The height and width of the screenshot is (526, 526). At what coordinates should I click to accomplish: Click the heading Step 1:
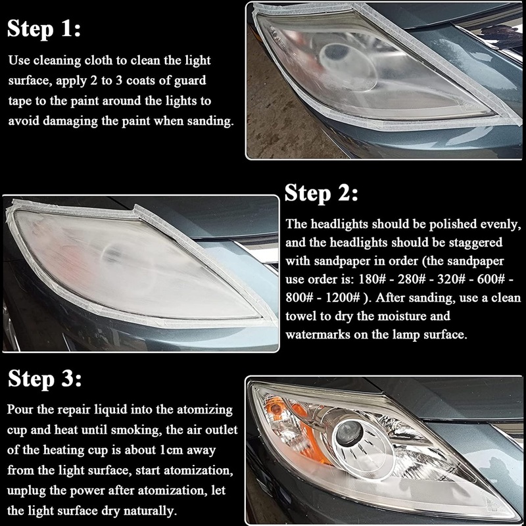[x=44, y=28]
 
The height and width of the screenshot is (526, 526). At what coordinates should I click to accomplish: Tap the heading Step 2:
[x=322, y=193]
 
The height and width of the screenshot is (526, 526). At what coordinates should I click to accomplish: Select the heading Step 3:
[x=45, y=379]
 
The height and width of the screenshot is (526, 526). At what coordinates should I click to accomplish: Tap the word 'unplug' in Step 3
[x=26, y=491]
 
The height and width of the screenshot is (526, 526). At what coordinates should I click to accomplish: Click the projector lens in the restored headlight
[x=350, y=433]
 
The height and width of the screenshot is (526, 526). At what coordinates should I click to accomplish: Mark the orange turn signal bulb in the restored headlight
[x=276, y=408]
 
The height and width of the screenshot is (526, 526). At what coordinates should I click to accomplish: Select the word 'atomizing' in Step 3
[x=204, y=410]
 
